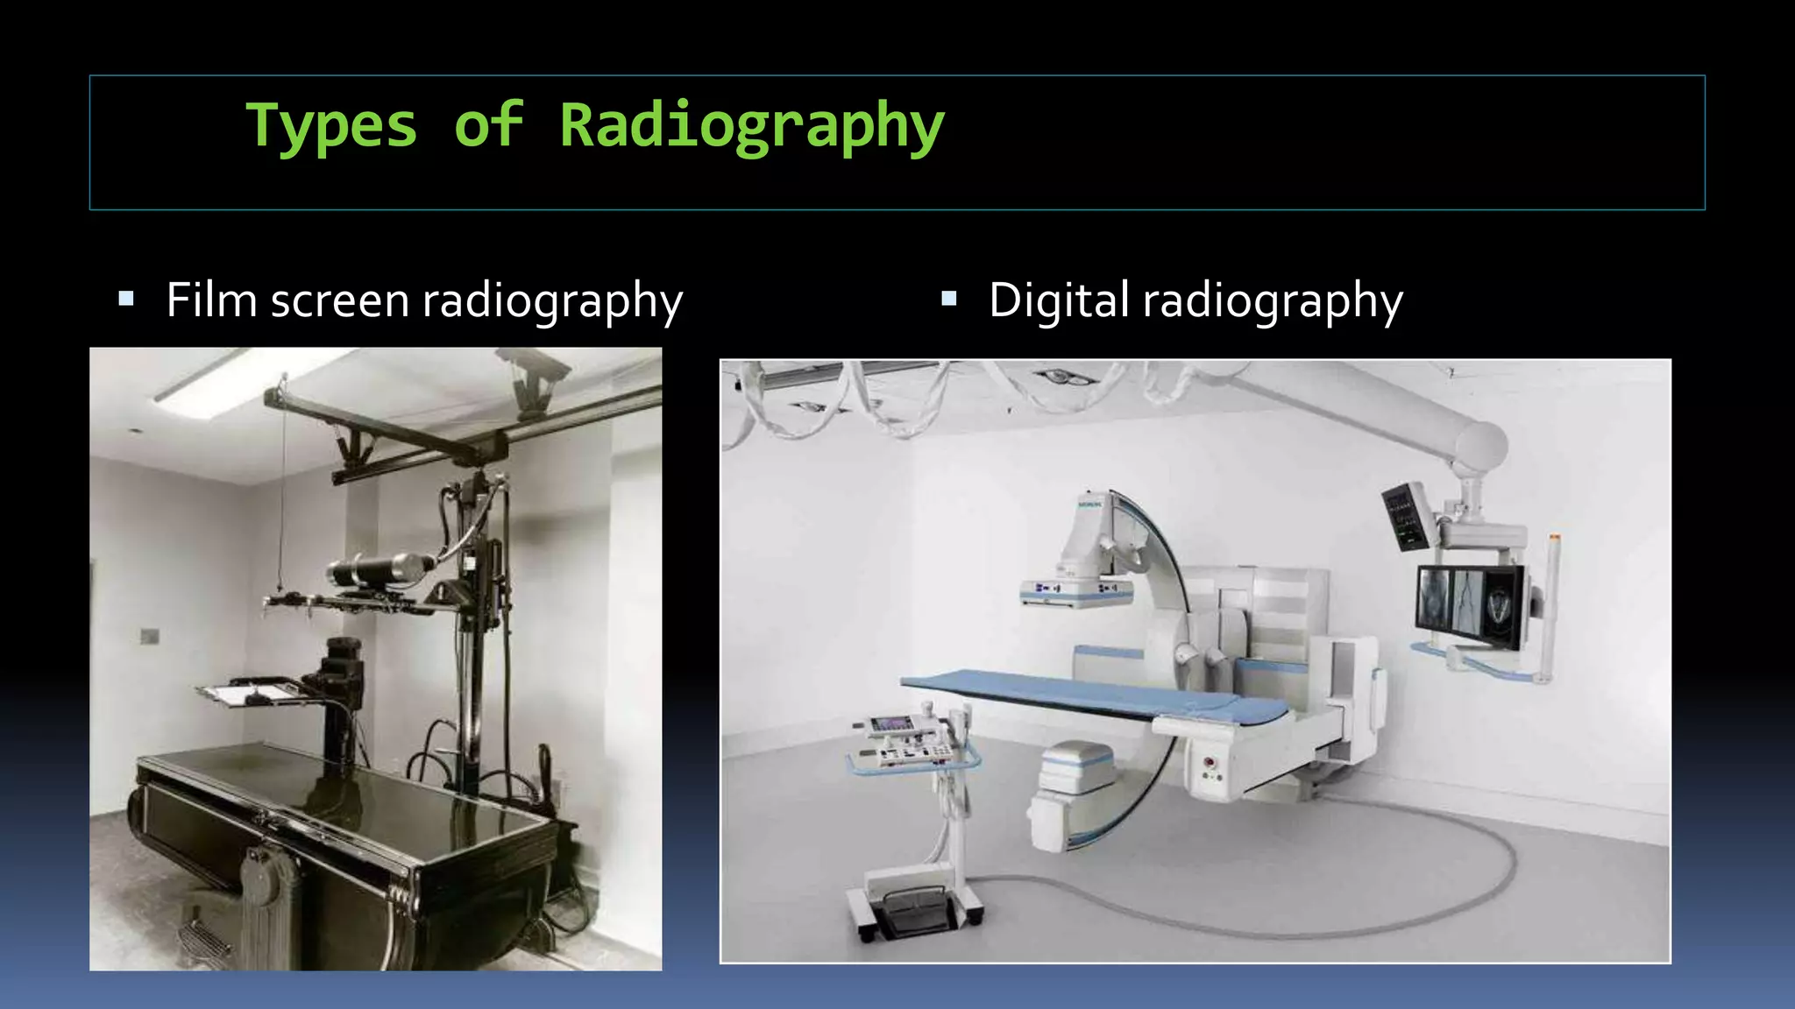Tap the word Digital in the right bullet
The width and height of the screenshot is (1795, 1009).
click(1058, 300)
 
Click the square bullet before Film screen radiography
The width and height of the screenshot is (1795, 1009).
click(126, 300)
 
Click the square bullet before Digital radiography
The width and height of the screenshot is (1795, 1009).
click(948, 300)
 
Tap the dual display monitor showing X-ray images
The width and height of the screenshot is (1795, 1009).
click(1469, 604)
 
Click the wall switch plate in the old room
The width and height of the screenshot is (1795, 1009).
click(150, 636)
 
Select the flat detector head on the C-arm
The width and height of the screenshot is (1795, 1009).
click(1075, 592)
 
